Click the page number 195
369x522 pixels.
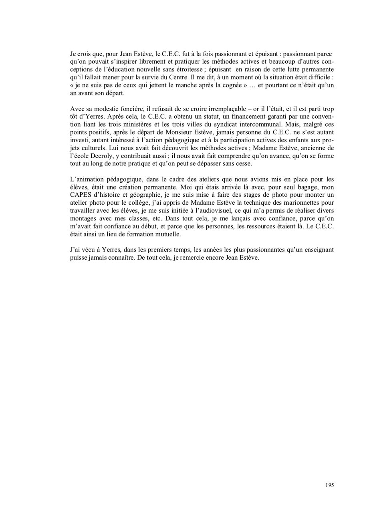click(329, 485)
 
